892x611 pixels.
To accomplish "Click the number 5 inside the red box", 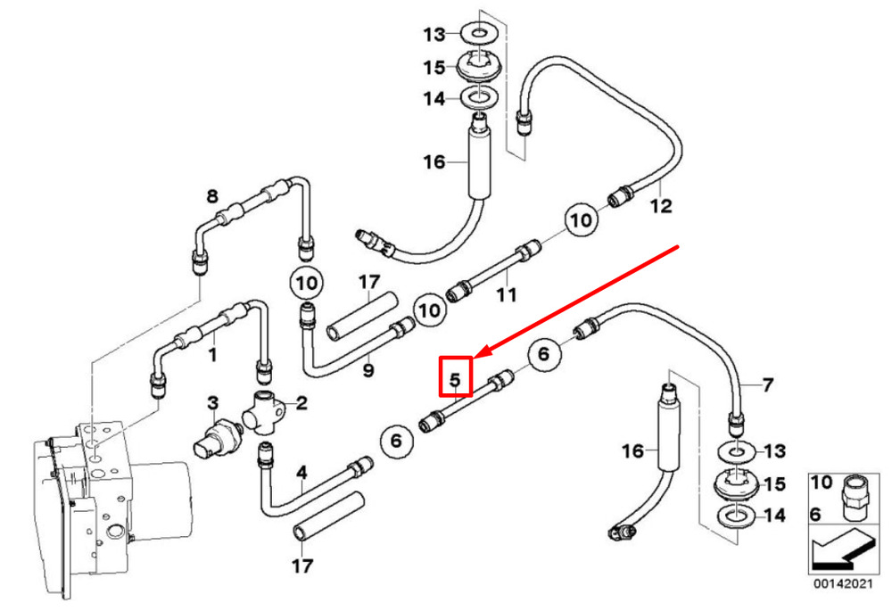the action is [455, 379].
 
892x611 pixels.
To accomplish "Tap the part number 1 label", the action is [212, 355].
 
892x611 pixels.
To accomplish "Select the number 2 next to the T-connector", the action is [301, 403].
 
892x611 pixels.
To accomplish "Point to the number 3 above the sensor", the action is [212, 403].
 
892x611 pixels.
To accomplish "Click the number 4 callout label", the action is [301, 472].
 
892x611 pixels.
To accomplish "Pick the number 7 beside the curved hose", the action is [768, 385].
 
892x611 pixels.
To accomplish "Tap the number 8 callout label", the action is [212, 197].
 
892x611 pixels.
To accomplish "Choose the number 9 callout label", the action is [368, 371].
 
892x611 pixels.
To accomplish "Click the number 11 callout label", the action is [507, 294].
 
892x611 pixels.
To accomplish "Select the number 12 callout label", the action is [661, 205].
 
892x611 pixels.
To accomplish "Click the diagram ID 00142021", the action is [842, 583].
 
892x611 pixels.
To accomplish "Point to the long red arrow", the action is [576, 301].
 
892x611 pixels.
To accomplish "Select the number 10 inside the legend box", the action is [822, 483].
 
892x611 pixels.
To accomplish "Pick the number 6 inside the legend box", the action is [816, 515].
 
